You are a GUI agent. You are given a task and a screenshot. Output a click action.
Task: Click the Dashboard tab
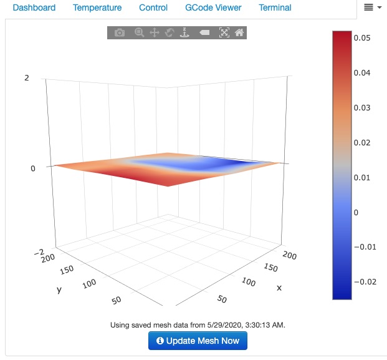click(34, 8)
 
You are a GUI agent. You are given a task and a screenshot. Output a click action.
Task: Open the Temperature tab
click(97, 8)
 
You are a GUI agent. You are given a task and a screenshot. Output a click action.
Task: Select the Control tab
click(153, 8)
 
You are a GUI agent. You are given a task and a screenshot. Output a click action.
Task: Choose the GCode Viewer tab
click(213, 8)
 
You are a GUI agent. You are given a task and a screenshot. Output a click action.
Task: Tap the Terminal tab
click(275, 8)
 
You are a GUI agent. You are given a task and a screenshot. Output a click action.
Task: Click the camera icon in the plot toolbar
click(120, 32)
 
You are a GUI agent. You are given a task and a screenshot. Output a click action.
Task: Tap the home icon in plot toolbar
click(239, 32)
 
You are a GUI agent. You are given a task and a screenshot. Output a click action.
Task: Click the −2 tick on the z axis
click(38, 252)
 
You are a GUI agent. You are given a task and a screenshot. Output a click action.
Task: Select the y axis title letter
click(59, 290)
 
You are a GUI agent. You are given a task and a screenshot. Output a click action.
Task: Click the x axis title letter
click(279, 288)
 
